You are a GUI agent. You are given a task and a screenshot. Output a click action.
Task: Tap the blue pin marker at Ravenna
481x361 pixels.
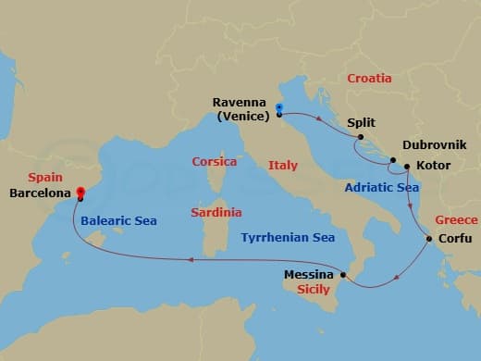coord(278,110)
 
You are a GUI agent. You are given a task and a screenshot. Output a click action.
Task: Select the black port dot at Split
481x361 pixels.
coord(359,137)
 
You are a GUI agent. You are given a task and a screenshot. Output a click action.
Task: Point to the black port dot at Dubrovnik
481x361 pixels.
coord(393,160)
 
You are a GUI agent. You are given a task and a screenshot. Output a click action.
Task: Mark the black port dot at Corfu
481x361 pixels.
coord(428,240)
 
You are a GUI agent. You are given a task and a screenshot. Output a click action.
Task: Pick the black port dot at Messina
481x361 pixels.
coord(343,274)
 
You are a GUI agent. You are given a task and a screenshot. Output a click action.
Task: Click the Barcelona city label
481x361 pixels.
coord(40,194)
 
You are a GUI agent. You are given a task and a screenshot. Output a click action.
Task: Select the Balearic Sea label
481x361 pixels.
coord(118,220)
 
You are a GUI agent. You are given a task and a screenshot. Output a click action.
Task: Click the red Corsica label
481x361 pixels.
coord(215,161)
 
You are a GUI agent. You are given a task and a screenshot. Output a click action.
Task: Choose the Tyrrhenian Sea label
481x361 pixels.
coord(287,238)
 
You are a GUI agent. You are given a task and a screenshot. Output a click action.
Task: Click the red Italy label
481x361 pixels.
coord(283,166)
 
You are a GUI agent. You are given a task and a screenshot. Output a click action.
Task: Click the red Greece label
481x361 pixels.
coord(456,220)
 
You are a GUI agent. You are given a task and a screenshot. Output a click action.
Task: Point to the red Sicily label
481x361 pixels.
coord(314,290)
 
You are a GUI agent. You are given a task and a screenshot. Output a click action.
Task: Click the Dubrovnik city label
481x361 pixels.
coord(435,146)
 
